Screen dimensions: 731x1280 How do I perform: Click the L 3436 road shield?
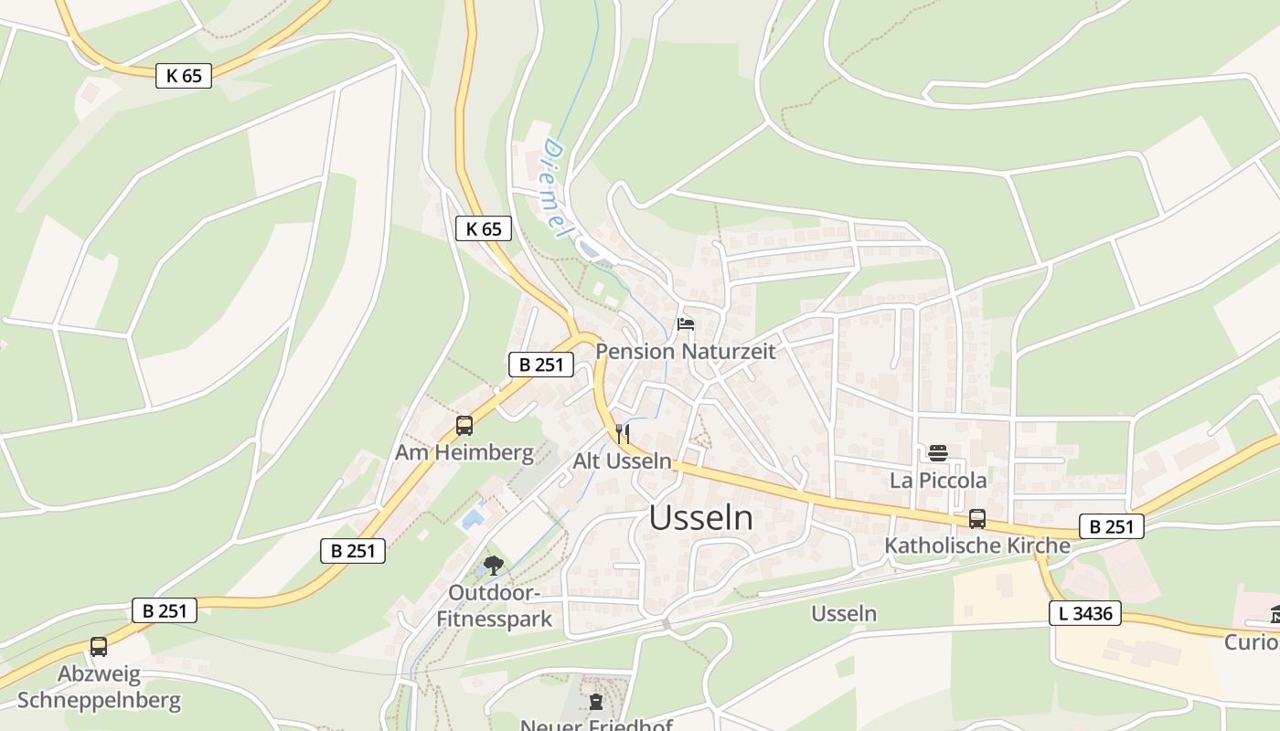1085,613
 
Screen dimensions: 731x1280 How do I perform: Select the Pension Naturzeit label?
685,351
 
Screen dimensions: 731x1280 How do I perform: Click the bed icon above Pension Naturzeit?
685,323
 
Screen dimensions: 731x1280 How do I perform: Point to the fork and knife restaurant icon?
623,433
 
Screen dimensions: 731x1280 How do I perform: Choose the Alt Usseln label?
623,461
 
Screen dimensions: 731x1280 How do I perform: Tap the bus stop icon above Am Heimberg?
464,425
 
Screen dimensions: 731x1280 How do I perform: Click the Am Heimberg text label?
464,452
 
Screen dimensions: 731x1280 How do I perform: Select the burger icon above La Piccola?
938,452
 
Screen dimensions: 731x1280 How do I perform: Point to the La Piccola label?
938,480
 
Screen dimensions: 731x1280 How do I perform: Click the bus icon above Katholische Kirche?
977,519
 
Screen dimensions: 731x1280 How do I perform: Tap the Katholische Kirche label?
977,546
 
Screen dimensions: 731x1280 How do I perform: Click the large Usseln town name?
701,518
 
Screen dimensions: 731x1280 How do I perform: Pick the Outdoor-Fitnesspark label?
494,606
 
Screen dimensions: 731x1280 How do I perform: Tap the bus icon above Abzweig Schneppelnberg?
99,647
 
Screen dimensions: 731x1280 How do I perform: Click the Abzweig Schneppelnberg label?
99,688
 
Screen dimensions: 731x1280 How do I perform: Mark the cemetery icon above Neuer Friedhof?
597,702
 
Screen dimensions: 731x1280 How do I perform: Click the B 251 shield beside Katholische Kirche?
1112,526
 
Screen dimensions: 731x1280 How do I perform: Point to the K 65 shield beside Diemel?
483,228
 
